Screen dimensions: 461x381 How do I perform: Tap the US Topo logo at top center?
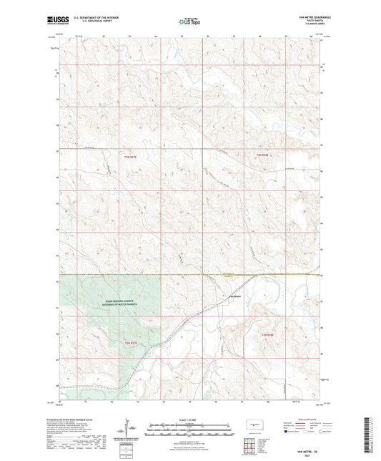point(189,21)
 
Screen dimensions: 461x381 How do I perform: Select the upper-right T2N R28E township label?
point(263,155)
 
